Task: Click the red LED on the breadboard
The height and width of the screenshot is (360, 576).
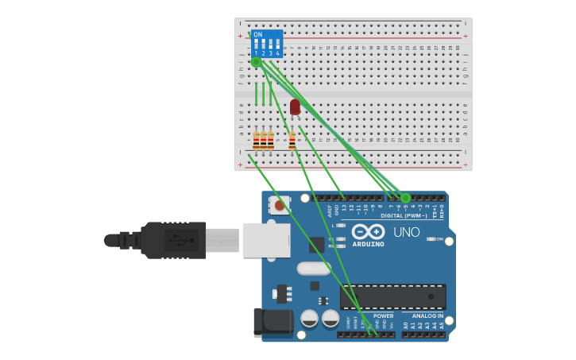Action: click(x=295, y=106)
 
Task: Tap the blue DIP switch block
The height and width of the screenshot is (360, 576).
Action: click(x=267, y=44)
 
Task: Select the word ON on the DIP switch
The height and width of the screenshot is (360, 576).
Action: click(x=257, y=35)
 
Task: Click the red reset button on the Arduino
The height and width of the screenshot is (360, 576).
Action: click(x=279, y=206)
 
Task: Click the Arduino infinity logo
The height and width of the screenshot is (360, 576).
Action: click(x=369, y=231)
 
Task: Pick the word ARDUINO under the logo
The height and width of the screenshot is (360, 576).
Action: click(x=368, y=244)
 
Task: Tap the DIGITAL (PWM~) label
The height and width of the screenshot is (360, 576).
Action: click(x=404, y=215)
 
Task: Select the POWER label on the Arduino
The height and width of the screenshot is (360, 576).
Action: click(x=384, y=315)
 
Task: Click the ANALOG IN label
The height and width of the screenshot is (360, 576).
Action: click(x=428, y=315)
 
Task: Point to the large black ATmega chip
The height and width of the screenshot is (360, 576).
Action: click(x=392, y=296)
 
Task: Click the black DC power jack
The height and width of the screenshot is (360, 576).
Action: click(x=272, y=323)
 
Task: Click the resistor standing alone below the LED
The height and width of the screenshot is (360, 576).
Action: click(x=292, y=141)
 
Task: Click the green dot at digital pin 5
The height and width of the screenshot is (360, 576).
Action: click(x=405, y=197)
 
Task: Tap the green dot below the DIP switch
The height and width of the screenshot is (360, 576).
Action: click(x=256, y=62)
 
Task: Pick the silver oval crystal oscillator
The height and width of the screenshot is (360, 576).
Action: click(x=314, y=269)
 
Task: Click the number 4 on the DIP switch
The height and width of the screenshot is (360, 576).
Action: click(x=277, y=53)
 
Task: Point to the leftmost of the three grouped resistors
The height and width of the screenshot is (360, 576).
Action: click(x=256, y=141)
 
